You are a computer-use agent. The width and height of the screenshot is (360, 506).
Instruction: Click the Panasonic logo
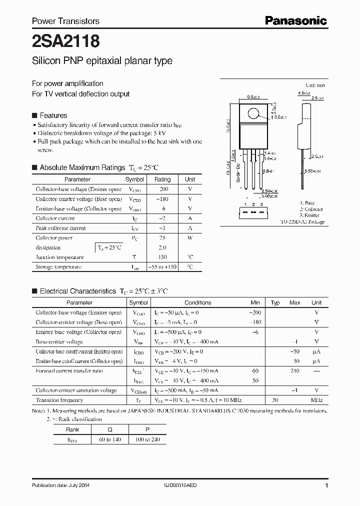coord(295,20)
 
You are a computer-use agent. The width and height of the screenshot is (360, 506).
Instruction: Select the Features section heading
coord(53,115)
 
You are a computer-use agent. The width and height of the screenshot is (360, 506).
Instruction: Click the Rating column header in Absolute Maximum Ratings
coord(162,179)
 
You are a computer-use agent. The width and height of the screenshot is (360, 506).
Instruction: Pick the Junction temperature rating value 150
coord(162,257)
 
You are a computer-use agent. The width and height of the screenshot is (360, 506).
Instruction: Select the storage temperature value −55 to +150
coord(162,267)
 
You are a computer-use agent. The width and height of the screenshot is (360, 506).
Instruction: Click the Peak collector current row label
coord(60,228)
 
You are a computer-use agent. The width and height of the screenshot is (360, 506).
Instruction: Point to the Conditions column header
coord(198,303)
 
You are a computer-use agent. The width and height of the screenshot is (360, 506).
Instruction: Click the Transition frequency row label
coord(59,400)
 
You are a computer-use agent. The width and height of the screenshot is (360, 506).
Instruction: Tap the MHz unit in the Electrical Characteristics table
coord(316,400)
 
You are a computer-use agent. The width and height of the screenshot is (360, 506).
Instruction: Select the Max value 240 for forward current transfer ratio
coord(294,371)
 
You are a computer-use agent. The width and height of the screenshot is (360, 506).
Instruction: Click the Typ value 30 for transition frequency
coord(275,400)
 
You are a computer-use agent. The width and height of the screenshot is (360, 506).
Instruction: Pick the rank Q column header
coord(109,429)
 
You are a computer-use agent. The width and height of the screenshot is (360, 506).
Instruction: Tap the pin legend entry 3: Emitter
coord(310,215)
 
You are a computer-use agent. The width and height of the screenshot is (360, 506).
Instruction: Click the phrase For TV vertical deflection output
coord(80,94)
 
